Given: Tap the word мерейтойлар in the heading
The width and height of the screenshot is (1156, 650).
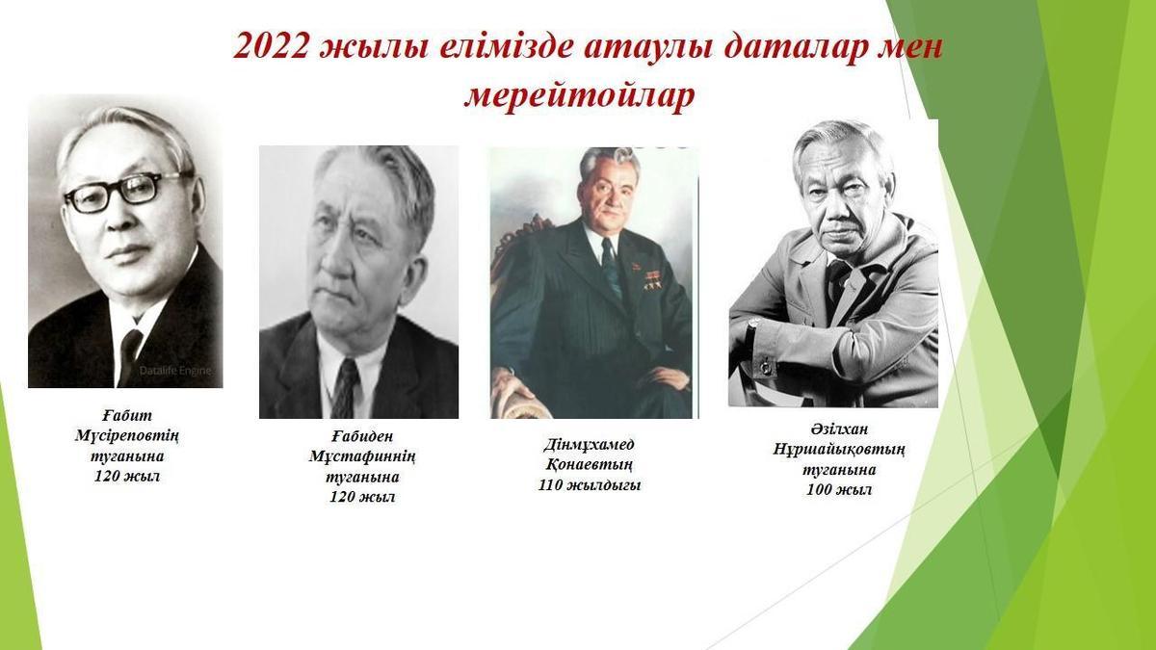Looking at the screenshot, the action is pos(579,96).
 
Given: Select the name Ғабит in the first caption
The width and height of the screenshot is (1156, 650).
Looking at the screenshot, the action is pos(127,415).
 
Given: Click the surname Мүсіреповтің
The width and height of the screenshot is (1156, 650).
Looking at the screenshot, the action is pos(127,436).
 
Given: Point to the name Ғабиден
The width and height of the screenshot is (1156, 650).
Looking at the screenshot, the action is pos(362,436).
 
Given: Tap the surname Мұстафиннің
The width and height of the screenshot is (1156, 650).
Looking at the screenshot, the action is pos(362,457).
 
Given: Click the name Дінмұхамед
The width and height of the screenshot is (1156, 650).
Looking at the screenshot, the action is pos(589,445).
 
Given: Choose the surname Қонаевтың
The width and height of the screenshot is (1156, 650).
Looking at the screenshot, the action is pos(589,465).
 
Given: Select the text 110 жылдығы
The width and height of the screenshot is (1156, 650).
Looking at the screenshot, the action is pos(590,485).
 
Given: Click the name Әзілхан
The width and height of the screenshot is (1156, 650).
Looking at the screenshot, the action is pos(839,429).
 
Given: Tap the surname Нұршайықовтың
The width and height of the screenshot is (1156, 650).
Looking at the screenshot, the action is pos(839,450).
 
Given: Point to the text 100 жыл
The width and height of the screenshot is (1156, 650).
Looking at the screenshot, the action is pos(839,490).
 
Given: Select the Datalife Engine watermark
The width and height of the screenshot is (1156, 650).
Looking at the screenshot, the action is pos(175,371).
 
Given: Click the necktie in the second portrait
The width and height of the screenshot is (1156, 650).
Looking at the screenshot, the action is pos(346,388).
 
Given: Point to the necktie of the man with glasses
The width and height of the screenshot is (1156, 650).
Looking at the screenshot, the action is pos(129,356).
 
